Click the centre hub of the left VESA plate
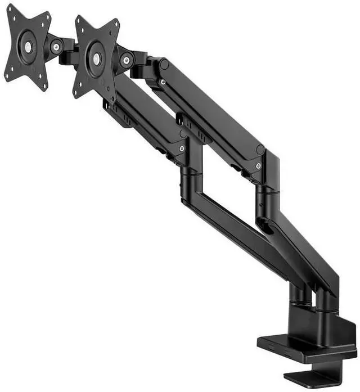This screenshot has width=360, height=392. [x=26, y=47]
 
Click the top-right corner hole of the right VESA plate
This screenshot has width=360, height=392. [x=116, y=24]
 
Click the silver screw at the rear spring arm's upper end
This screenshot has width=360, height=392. [x=163, y=82]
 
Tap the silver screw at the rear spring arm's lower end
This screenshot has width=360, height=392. [x=258, y=166]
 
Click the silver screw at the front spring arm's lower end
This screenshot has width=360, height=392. [x=182, y=148]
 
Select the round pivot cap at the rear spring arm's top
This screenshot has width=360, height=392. [x=164, y=64]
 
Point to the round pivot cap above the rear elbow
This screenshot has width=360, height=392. [x=260, y=150]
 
